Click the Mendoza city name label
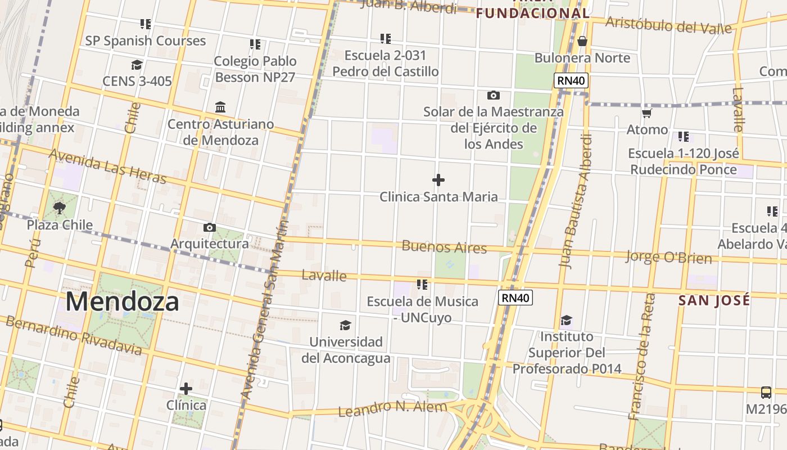(123, 301)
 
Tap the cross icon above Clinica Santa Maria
(438, 180)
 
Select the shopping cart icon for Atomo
(647, 114)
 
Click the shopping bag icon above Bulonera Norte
(582, 41)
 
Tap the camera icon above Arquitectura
(210, 228)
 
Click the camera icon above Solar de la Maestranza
(494, 96)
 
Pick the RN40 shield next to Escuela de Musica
(515, 298)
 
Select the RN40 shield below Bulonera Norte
(571, 81)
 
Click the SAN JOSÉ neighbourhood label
(714, 300)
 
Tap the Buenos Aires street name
(444, 247)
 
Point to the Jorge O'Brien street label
(669, 258)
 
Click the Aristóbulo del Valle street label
(669, 25)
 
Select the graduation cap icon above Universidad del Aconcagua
(345, 326)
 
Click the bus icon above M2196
(766, 392)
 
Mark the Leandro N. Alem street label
(392, 408)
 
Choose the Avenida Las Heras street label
(108, 166)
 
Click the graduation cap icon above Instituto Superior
(567, 321)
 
